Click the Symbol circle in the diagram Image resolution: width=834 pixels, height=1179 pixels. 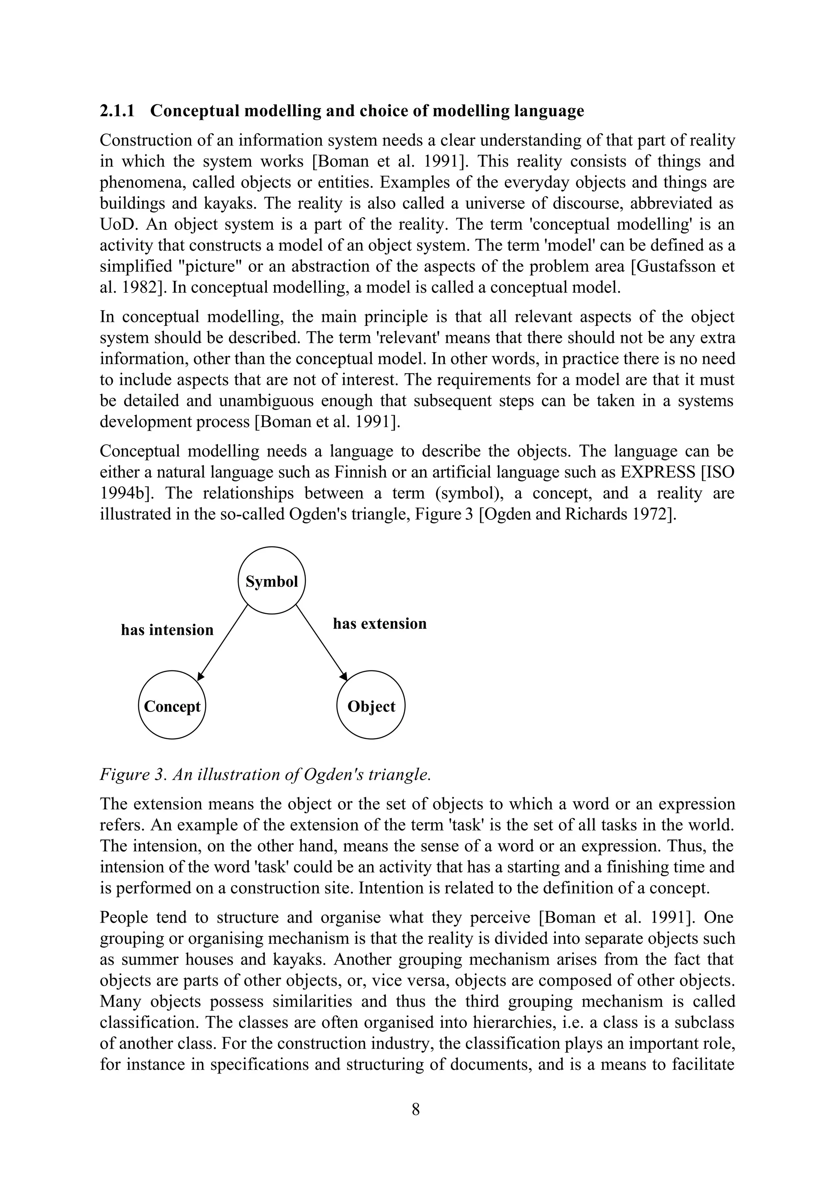tap(272, 581)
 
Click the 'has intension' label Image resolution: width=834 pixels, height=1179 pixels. tap(167, 630)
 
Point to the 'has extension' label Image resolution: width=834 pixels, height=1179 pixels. tap(380, 624)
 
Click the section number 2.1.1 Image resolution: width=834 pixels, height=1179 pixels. tap(117, 111)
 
